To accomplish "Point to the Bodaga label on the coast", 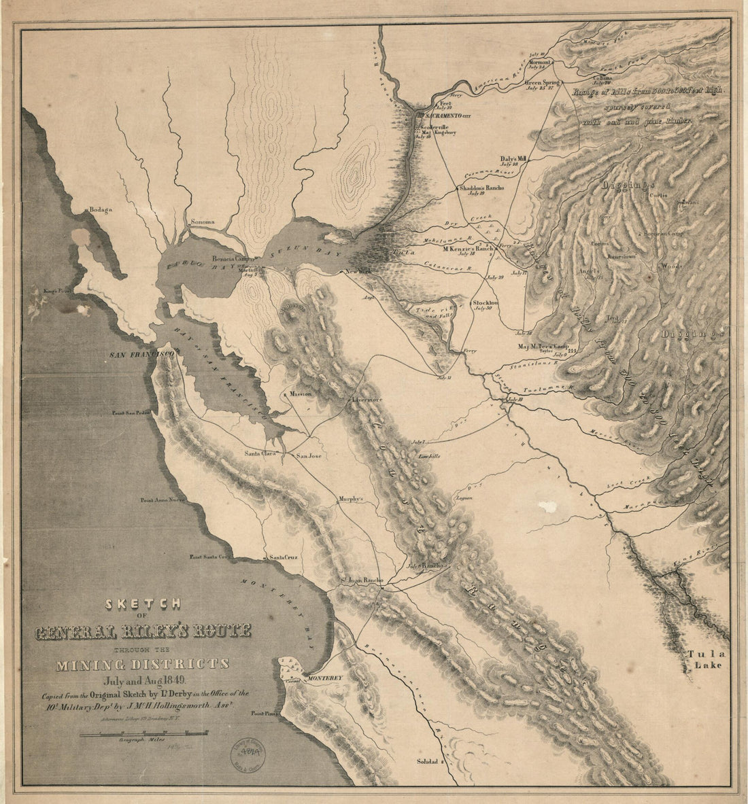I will pos(96,211).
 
